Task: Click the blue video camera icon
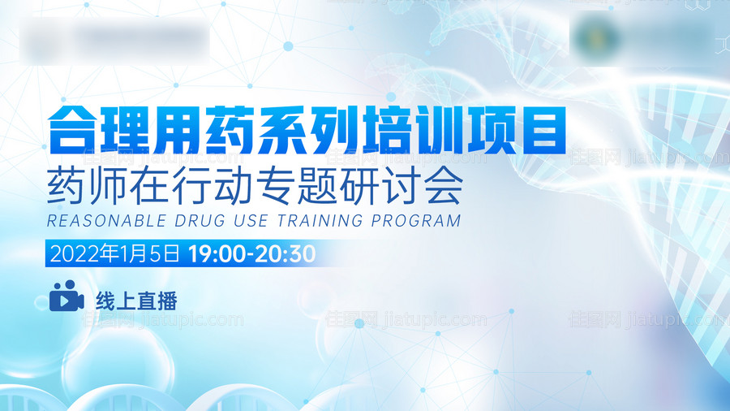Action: (x=67, y=297)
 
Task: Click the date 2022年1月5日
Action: (x=114, y=253)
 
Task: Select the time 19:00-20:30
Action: (x=251, y=253)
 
